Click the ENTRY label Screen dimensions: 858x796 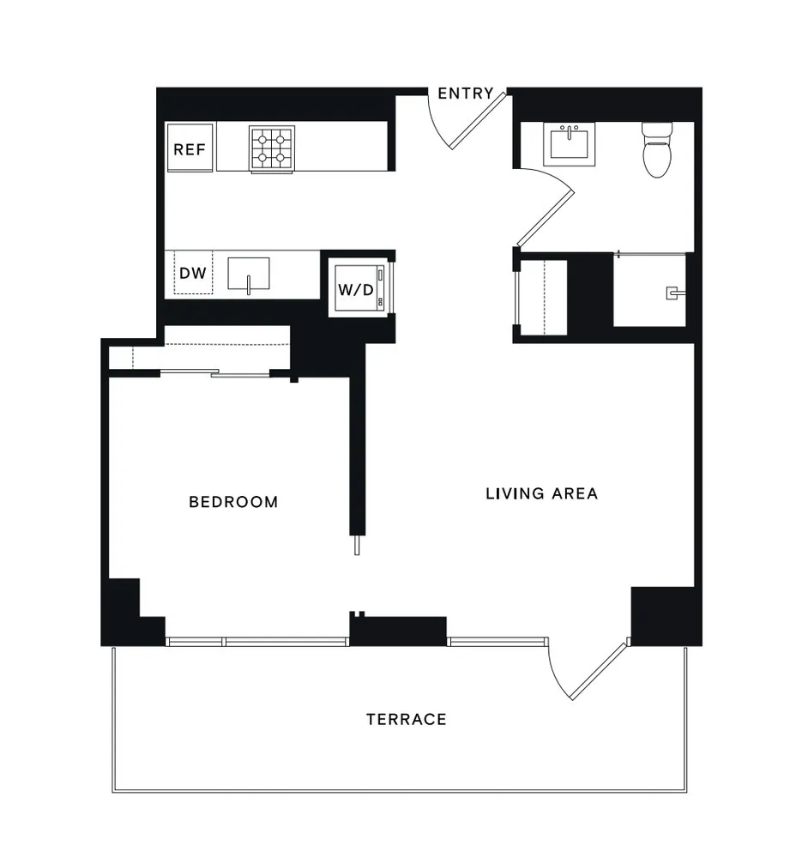tap(466, 94)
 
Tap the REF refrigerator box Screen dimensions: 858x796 tap(190, 149)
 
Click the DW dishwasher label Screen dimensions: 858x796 tap(193, 274)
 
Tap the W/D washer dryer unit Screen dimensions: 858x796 tap(356, 289)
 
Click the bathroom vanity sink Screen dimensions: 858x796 tap(569, 144)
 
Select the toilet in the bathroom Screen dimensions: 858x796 tap(657, 149)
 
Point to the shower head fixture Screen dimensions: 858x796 tap(672, 293)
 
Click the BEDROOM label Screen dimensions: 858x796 tap(233, 502)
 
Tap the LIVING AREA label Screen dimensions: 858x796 tap(541, 493)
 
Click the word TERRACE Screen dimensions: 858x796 tap(407, 719)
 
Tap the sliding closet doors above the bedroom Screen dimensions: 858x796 tap(214, 372)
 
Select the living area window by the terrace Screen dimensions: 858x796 tap(497, 640)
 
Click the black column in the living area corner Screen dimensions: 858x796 tap(662, 613)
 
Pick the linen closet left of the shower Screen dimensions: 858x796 tap(542, 295)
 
